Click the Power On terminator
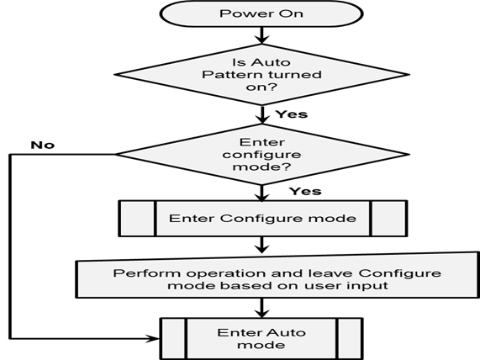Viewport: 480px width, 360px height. coord(261,13)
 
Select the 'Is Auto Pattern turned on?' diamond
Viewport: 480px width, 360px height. coord(261,75)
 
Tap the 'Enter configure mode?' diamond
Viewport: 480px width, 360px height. coord(261,155)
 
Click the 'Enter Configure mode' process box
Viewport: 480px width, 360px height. coord(263,219)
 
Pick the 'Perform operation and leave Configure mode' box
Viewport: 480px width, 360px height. coord(277,275)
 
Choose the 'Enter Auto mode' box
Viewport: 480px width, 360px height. coord(261,339)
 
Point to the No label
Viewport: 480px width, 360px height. coord(43,145)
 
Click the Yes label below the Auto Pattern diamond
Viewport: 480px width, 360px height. coord(292,114)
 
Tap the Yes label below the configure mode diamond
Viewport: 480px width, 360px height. coord(305,191)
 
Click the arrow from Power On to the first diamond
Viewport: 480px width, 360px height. coord(261,35)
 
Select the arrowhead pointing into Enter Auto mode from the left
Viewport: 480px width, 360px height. coord(153,339)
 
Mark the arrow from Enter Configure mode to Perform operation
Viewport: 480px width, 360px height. coord(261,245)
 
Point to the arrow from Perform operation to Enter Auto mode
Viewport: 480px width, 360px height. coord(261,308)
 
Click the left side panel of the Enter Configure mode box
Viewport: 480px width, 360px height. coord(137,219)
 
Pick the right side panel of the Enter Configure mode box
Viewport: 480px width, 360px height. coord(389,219)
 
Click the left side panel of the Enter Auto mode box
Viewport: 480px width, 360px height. coord(173,339)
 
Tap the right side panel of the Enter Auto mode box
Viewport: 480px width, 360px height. coord(350,339)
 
